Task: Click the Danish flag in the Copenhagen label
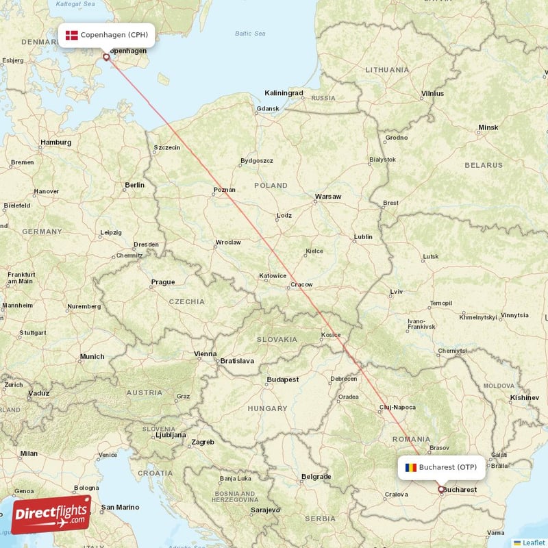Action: [71, 34]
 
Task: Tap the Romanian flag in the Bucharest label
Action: [410, 467]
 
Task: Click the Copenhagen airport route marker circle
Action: [106, 57]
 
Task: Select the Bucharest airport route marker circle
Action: [441, 489]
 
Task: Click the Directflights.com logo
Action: [51, 514]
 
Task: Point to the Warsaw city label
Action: [327, 197]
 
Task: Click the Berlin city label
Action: [134, 185]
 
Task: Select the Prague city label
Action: [163, 282]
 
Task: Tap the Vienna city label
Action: [205, 354]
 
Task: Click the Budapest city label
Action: [283, 379]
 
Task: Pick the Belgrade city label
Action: [316, 476]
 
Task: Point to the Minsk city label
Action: [488, 127]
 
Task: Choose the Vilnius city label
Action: [432, 93]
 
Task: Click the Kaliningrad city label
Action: [284, 92]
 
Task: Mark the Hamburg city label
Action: [55, 142]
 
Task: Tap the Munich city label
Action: [92, 356]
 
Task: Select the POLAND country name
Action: [271, 186]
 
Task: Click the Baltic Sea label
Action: [250, 33]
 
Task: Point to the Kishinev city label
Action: [524, 397]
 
